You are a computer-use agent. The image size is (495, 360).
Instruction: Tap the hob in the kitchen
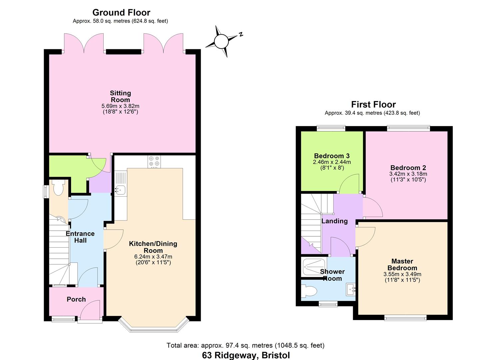click(154, 162)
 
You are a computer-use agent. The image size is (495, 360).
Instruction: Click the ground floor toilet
click(58, 188)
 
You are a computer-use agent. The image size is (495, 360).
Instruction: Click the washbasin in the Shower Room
click(351, 289)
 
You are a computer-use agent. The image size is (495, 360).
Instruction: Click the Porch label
click(76, 299)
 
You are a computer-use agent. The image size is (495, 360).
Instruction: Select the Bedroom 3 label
click(332, 156)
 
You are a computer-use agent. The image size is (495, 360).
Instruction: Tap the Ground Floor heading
click(121, 12)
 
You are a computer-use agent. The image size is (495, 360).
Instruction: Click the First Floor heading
click(373, 104)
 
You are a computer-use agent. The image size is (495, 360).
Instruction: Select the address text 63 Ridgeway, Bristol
click(246, 355)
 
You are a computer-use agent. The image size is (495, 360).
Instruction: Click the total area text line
click(245, 345)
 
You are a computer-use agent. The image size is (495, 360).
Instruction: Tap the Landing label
click(334, 221)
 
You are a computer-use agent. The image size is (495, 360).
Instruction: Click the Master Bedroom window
click(405, 318)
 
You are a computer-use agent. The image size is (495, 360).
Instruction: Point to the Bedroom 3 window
click(331, 127)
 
